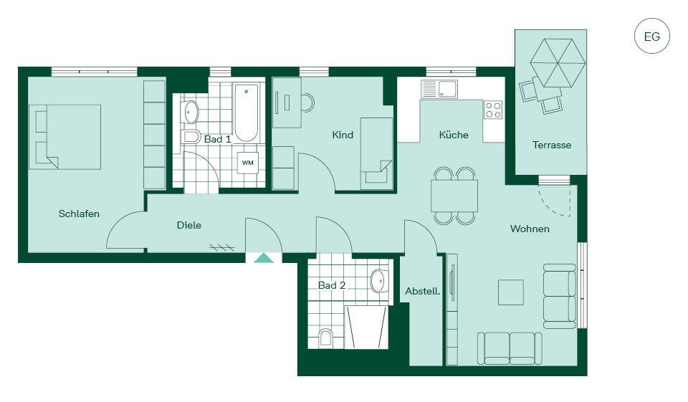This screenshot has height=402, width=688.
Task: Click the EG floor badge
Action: tap(652, 37)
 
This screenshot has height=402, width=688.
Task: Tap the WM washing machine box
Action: tap(248, 163)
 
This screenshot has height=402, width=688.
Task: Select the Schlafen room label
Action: tap(79, 214)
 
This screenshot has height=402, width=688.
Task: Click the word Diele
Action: tap(189, 225)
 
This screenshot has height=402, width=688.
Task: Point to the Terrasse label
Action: tap(552, 145)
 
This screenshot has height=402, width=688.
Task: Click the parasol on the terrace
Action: tap(558, 63)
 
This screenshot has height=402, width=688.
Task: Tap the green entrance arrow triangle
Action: tap(264, 258)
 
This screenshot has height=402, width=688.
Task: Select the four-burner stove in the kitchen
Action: tap(493, 110)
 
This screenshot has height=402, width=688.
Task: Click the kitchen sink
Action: tap(439, 89)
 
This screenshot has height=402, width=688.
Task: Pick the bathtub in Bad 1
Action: tap(246, 113)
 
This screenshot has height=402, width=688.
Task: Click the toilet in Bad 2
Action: tap(325, 338)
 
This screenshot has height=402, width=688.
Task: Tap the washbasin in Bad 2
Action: tap(380, 281)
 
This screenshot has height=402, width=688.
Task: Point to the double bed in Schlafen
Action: tap(65, 137)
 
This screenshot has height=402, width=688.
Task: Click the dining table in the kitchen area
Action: tap(454, 196)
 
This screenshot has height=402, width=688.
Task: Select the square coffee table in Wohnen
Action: tap(511, 292)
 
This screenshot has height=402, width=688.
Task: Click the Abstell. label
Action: tap(423, 291)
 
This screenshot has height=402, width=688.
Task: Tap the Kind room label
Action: tap(343, 135)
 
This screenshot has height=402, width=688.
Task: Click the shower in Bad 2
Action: tap(366, 327)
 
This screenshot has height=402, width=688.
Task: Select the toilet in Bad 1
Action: tap(191, 136)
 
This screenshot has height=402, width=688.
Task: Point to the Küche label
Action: tap(454, 135)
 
